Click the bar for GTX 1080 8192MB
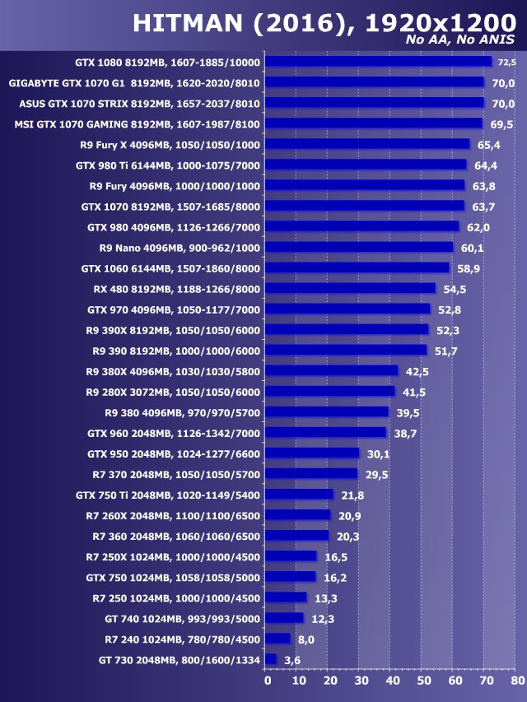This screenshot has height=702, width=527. click(379, 62)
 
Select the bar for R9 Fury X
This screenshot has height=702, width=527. click(367, 144)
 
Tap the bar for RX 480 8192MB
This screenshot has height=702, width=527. click(350, 288)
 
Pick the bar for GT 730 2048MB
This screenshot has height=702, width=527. click(271, 659)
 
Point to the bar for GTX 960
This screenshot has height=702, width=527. click(325, 432)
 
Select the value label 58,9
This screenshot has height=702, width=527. click(466, 268)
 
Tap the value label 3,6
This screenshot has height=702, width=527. click(292, 660)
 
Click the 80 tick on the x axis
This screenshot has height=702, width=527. click(515, 681)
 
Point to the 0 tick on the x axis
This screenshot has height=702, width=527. click(267, 681)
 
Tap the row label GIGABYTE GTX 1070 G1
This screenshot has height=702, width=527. click(134, 83)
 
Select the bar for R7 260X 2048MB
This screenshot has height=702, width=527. click(298, 514)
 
